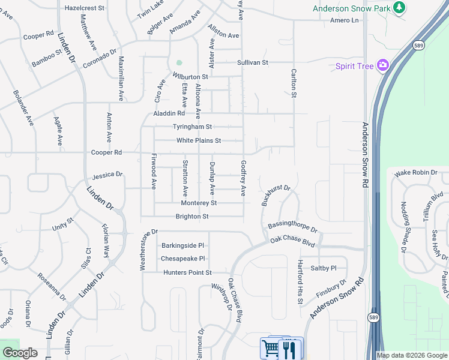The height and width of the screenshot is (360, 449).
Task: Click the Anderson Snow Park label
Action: click(x=351, y=8)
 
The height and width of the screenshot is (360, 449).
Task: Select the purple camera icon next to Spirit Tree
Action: click(x=382, y=65)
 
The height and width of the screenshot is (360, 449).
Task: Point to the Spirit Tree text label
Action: click(x=354, y=65)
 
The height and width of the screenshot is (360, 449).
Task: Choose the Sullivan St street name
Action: click(x=252, y=62)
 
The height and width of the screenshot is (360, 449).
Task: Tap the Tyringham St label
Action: click(x=193, y=127)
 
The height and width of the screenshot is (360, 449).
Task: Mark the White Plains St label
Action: click(x=199, y=141)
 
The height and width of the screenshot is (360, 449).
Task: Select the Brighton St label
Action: click(x=192, y=217)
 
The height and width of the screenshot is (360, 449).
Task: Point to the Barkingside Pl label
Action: click(x=183, y=245)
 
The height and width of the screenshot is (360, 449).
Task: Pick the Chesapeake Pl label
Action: click(x=183, y=259)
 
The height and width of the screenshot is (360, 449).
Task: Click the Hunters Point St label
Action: click(x=188, y=272)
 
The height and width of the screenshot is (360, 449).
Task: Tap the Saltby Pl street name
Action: click(x=324, y=268)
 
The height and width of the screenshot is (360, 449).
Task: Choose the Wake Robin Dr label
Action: click(x=416, y=173)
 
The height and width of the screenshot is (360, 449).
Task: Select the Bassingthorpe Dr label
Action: click(x=292, y=226)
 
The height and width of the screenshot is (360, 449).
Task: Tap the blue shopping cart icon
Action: click(x=270, y=348)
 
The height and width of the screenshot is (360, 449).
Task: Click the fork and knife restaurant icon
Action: click(x=291, y=348)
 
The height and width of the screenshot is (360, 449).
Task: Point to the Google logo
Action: click(x=20, y=353)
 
